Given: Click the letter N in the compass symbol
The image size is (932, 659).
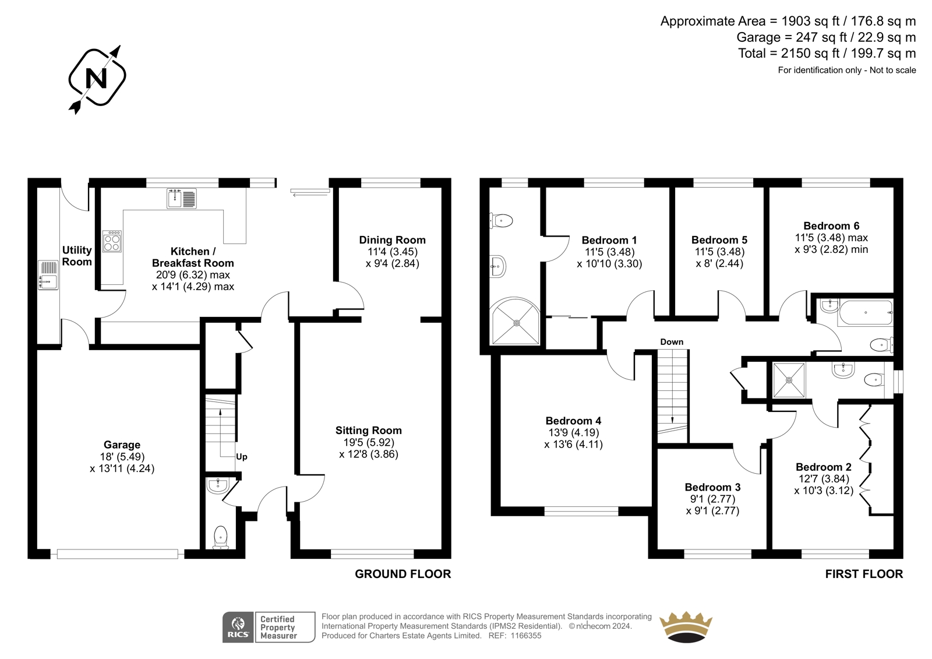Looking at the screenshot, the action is [x=96, y=78].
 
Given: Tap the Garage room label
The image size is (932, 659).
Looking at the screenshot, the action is [x=122, y=445].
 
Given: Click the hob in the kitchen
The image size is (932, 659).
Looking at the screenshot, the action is [x=112, y=241].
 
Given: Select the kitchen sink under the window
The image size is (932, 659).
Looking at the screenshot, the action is [x=181, y=198].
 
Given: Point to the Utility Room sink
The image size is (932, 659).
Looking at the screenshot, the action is [x=48, y=275].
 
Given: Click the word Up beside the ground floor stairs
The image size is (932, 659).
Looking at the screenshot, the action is [x=241, y=457].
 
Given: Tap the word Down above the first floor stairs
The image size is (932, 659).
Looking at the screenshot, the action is [x=672, y=342].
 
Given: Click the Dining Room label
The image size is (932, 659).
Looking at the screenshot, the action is [x=393, y=240].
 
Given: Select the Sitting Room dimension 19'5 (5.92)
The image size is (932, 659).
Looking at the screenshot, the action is [x=369, y=442].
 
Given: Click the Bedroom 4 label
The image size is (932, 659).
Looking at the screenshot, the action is [x=573, y=421].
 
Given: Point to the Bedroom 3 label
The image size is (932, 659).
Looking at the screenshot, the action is [x=713, y=487].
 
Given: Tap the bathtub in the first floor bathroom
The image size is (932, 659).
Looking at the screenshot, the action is [x=866, y=312].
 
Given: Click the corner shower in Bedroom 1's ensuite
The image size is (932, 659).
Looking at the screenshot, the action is [x=516, y=321].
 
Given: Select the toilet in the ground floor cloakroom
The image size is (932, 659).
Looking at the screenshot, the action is [x=221, y=537].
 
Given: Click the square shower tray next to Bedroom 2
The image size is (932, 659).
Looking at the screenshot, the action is [x=789, y=380].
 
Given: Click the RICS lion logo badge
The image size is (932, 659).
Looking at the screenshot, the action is [x=238, y=627].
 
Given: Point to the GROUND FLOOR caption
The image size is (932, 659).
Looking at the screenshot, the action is [x=403, y=574].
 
